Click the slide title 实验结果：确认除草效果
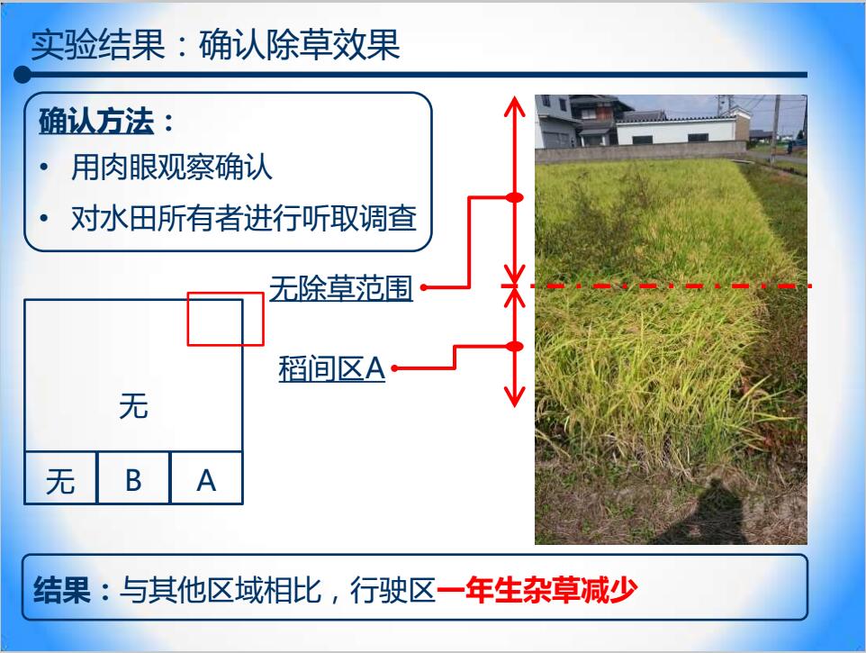point(215,44)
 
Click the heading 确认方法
point(96,121)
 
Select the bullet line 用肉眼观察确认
point(172,167)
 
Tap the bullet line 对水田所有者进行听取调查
point(244,218)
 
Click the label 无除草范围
point(341,288)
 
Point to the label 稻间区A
point(331,368)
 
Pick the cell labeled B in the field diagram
point(133,478)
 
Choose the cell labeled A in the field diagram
point(206,478)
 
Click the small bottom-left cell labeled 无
point(60,478)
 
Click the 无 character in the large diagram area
point(133,405)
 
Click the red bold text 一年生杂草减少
point(537,590)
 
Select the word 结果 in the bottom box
point(62,590)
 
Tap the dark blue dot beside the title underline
point(23,75)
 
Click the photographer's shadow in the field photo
point(712,511)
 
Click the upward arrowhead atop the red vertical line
point(514,105)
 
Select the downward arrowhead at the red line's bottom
point(514,396)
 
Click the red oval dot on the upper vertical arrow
point(514,197)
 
